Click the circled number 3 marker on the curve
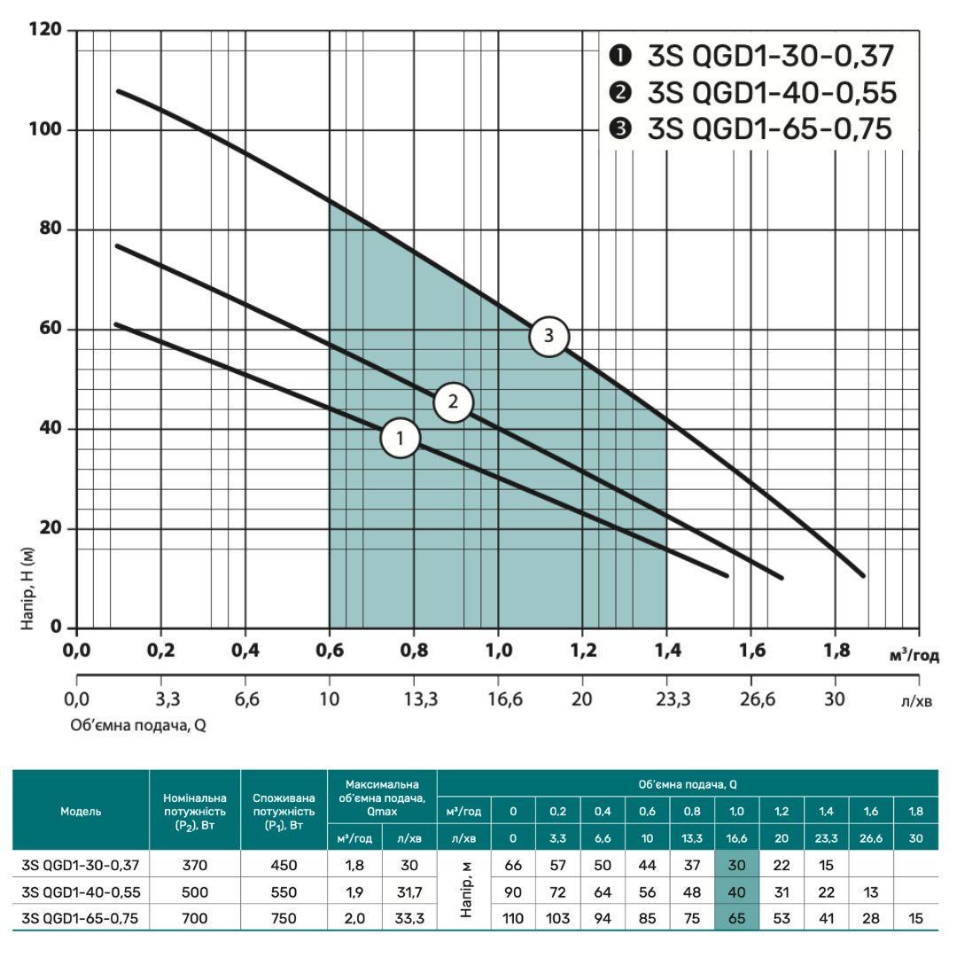(549, 336)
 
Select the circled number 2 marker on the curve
(453, 401)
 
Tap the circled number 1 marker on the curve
(400, 438)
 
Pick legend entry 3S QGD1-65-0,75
(753, 129)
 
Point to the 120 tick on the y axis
(45, 31)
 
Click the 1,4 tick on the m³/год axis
(666, 652)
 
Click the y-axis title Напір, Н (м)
(29, 588)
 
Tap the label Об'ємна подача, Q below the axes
(139, 724)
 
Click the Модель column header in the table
(81, 811)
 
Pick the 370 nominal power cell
(195, 866)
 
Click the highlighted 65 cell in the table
(736, 918)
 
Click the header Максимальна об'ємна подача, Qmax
(383, 797)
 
